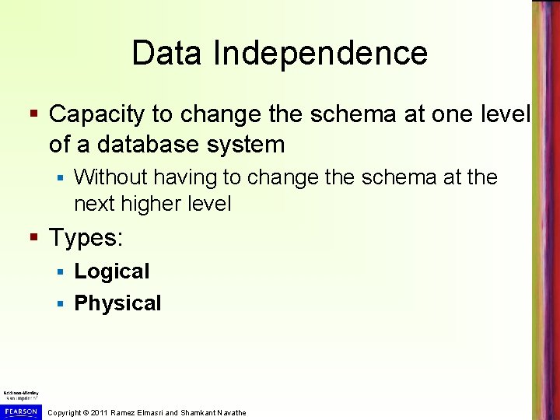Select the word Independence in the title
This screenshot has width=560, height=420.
(x=320, y=54)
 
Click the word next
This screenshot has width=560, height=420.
(x=93, y=204)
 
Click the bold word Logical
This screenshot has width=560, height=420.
(x=111, y=271)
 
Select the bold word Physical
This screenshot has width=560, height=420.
(x=117, y=303)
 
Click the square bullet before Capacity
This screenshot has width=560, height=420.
(x=34, y=115)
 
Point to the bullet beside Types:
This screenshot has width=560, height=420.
(x=34, y=238)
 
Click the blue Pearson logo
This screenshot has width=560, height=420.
(x=19, y=411)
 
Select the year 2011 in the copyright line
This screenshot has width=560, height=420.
(x=99, y=412)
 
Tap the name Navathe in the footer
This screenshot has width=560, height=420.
(x=229, y=412)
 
